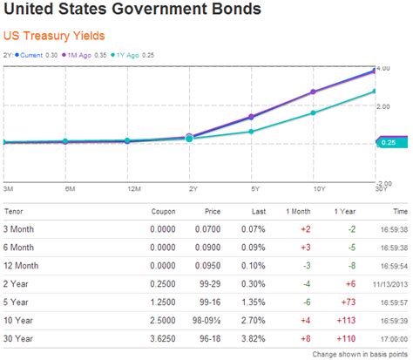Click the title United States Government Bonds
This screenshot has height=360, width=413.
coord(132,10)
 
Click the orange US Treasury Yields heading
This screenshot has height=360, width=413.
coord(54,37)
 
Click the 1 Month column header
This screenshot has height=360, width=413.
coord(297,212)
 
